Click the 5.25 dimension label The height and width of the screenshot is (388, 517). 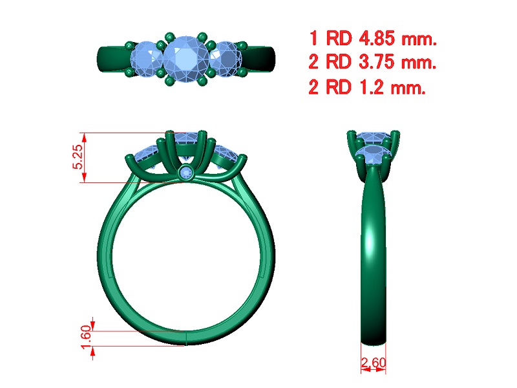78,157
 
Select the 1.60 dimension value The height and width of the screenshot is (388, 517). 86,337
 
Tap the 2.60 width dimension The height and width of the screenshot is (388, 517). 374,363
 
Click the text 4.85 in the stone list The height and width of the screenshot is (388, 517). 377,38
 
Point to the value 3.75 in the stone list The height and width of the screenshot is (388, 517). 377,61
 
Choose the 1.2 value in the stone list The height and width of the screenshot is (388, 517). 371,87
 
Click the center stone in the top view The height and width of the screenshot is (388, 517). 185,59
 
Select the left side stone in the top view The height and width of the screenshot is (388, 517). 147,59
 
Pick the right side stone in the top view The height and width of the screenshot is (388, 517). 226,59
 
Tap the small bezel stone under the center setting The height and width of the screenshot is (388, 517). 187,173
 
